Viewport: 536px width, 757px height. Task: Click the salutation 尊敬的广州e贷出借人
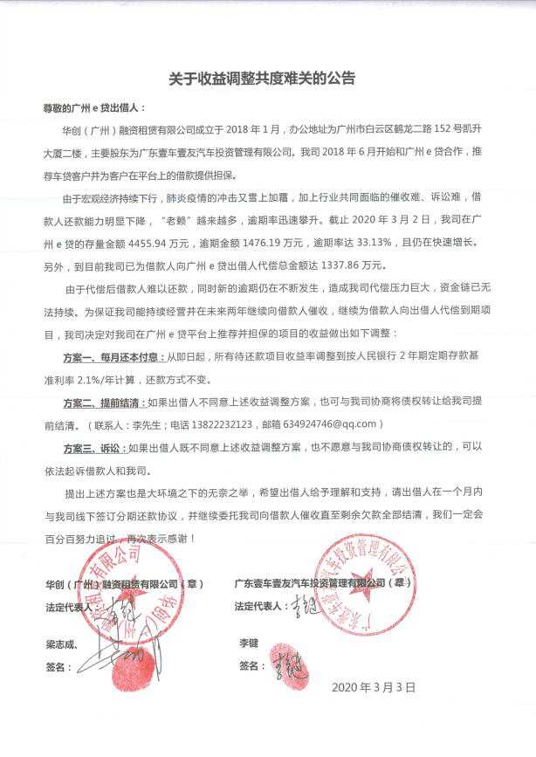pos(101,111)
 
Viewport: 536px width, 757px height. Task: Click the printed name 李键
pos(249,643)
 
